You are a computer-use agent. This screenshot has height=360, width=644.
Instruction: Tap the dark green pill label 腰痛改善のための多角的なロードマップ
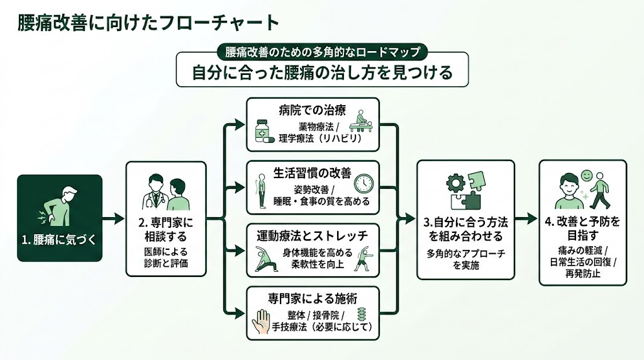tap(322, 51)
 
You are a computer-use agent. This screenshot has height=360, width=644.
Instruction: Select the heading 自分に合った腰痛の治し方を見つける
tap(322, 72)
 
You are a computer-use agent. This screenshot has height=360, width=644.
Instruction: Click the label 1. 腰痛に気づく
tap(60, 240)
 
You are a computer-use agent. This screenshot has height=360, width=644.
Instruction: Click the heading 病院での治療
tap(313, 110)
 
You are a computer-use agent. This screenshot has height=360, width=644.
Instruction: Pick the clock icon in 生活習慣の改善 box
tap(364, 183)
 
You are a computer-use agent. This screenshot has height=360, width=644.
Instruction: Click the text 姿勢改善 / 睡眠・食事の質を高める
tap(313, 195)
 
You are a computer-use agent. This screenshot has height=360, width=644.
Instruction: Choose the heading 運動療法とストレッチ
tap(313, 236)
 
